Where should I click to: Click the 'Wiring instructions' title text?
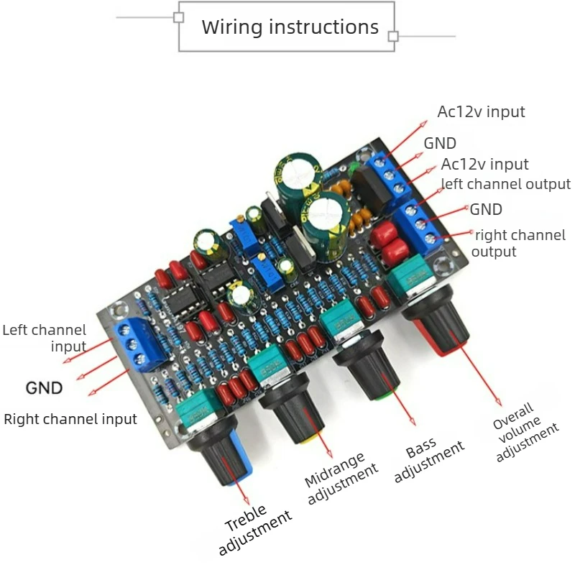pyautogui.click(x=290, y=27)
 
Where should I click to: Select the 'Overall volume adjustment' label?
pyautogui.click(x=525, y=433)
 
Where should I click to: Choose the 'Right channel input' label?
pyautogui.click(x=70, y=419)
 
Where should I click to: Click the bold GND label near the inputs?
pyautogui.click(x=44, y=388)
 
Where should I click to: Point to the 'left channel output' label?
pyautogui.click(x=506, y=184)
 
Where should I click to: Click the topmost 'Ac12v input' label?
pyautogui.click(x=481, y=112)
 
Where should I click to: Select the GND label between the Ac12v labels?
pyautogui.click(x=440, y=143)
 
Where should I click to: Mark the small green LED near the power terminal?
pyautogui.click(x=354, y=167)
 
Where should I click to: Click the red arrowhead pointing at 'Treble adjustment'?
pyautogui.click(x=246, y=500)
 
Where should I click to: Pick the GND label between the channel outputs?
pyautogui.click(x=486, y=209)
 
